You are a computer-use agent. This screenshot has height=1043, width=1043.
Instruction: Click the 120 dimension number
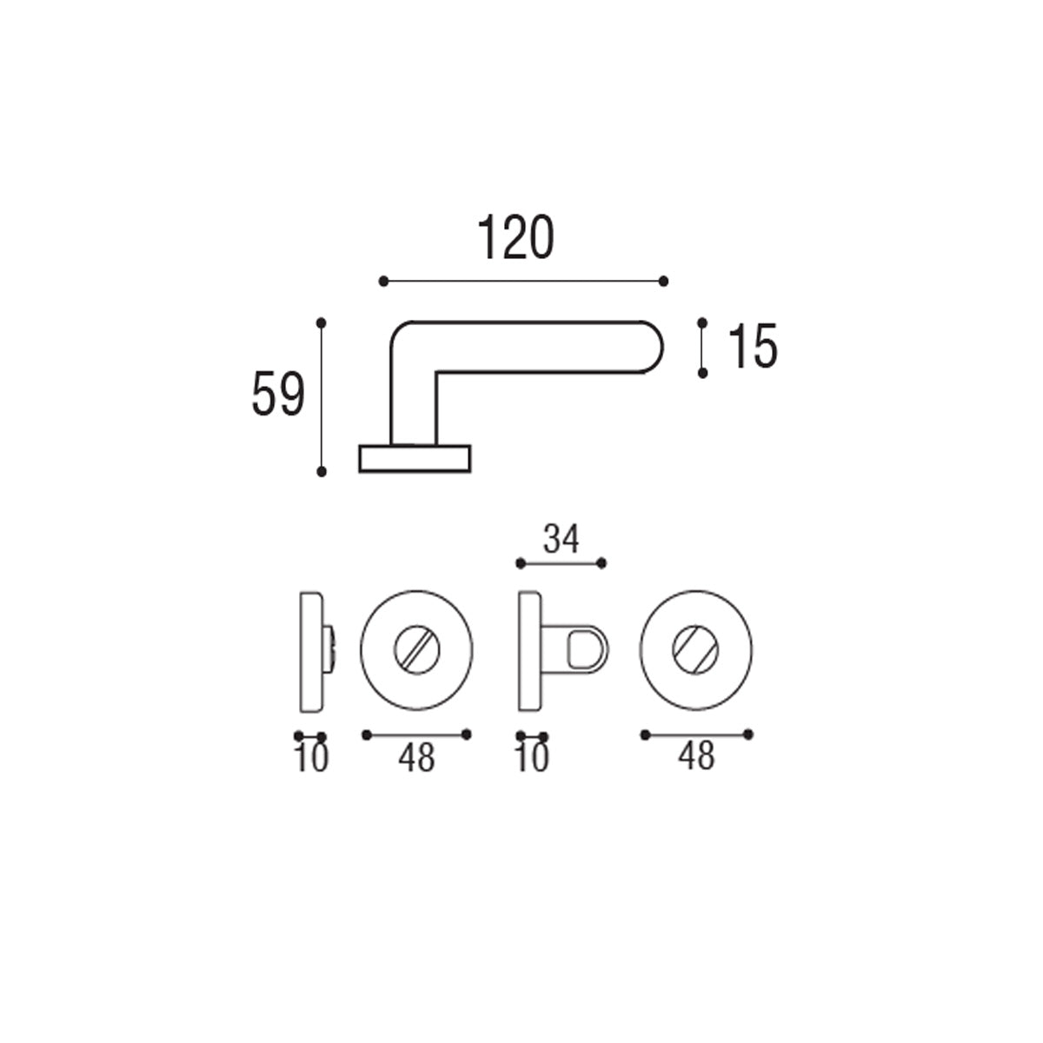pos(515,237)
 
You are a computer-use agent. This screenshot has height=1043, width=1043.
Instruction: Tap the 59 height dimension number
pos(278,394)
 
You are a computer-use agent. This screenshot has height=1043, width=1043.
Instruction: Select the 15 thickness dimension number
pos(753,347)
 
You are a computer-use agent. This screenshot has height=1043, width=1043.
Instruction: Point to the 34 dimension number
pos(561,539)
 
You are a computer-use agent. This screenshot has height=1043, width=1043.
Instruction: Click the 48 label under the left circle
pos(416,758)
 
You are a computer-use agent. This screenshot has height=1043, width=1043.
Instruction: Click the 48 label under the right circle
pos(696,756)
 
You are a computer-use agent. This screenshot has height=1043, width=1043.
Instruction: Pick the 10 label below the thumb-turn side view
pos(533,758)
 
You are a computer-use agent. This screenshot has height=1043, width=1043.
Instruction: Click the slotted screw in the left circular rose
pos(417,650)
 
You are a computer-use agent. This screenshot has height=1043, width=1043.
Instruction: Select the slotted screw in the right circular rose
pos(695,650)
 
